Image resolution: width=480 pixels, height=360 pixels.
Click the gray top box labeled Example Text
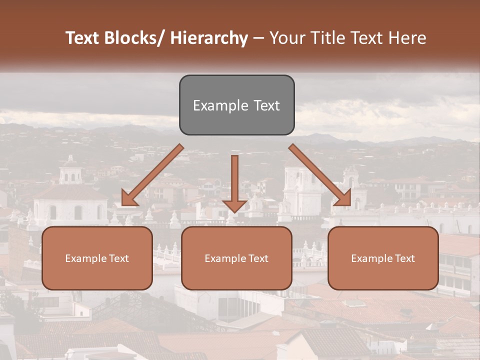(x=236, y=105)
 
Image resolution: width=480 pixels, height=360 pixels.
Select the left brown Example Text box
(x=97, y=258)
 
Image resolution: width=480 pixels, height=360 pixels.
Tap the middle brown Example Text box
(x=236, y=258)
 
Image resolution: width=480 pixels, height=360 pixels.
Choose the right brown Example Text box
(x=383, y=258)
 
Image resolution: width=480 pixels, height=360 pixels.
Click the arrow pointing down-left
(x=152, y=175)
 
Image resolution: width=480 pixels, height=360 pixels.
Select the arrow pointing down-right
(x=320, y=175)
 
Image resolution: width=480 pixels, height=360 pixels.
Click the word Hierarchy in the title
(x=208, y=38)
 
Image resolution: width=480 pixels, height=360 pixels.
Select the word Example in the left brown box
(x=85, y=258)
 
